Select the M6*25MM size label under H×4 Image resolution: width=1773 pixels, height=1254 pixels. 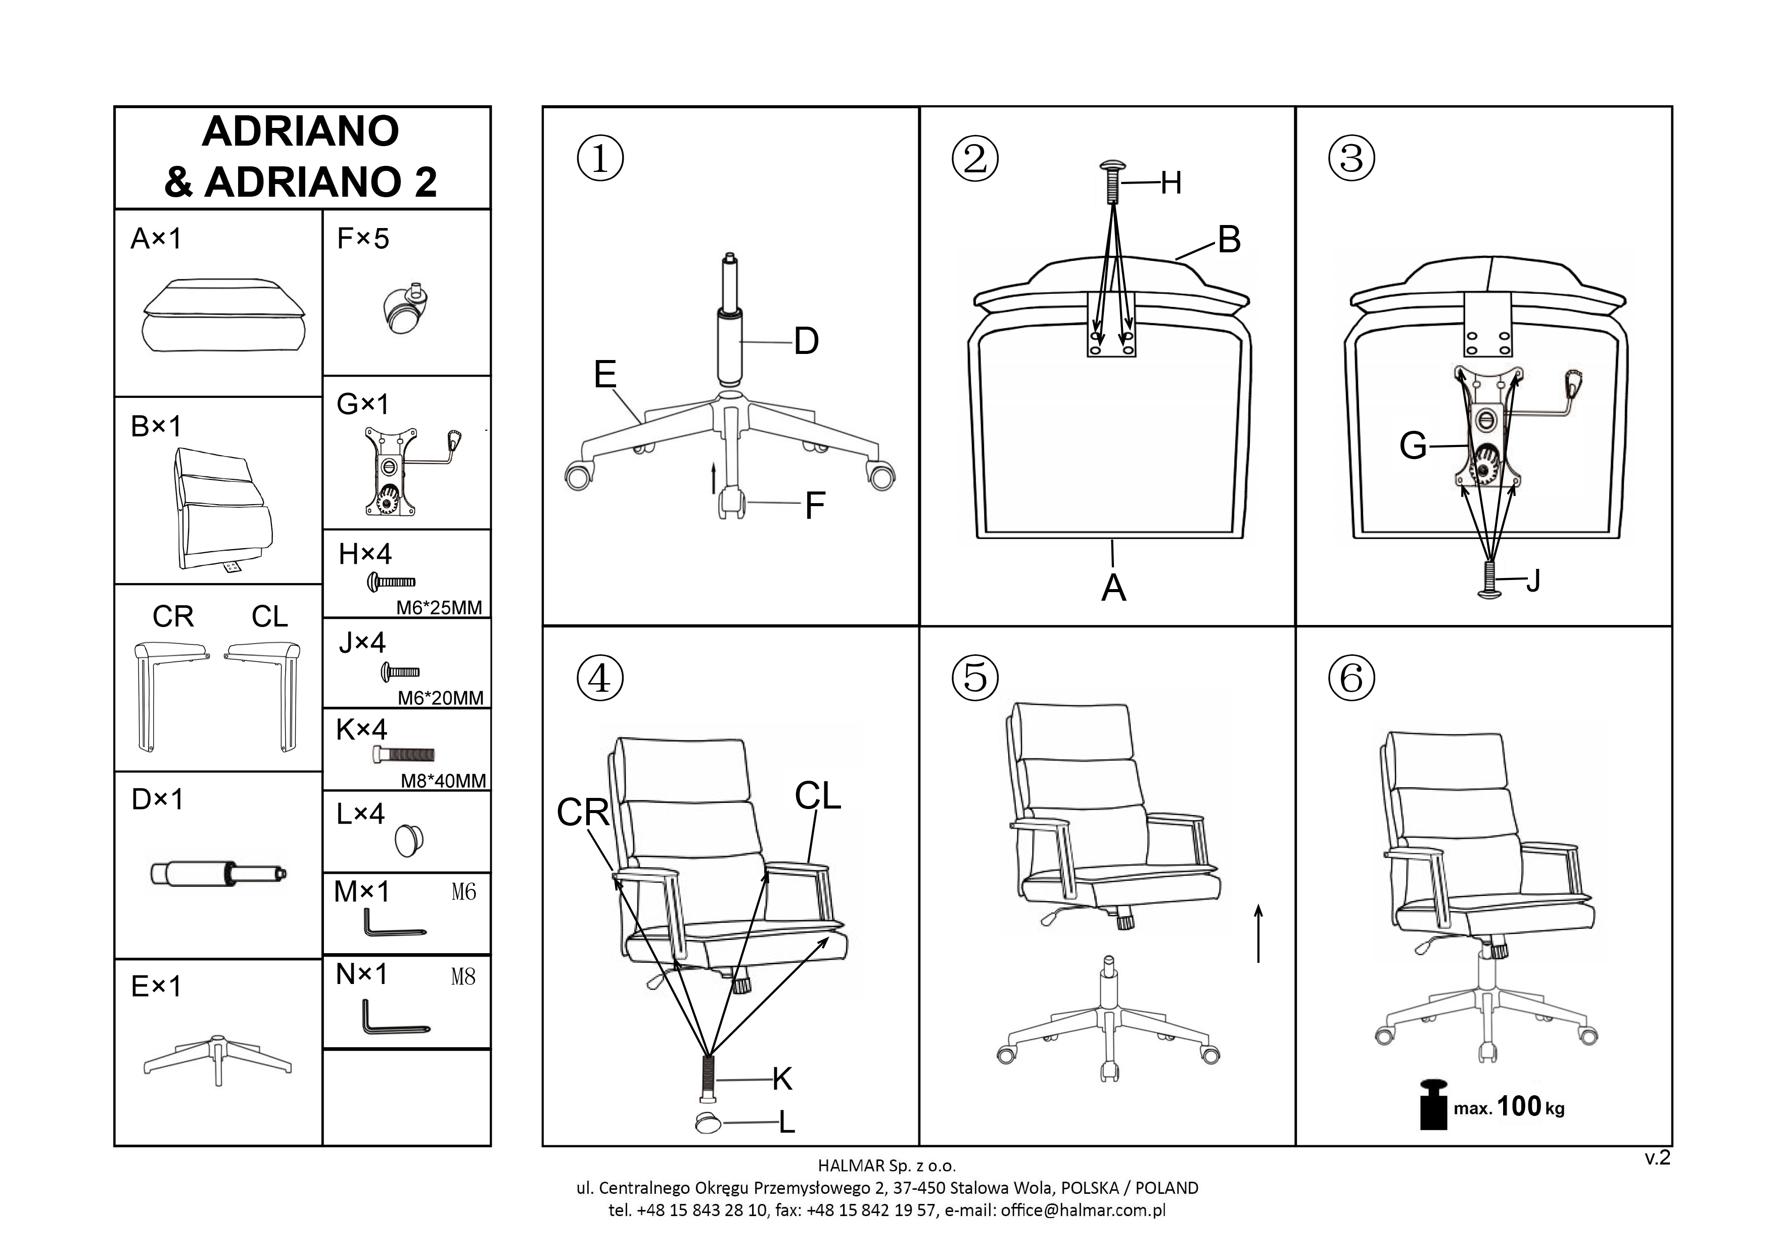click(x=439, y=608)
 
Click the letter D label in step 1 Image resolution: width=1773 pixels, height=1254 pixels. click(x=806, y=341)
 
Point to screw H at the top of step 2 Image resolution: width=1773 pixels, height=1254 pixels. click(x=1112, y=182)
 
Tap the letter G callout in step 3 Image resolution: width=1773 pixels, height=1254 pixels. click(x=1413, y=446)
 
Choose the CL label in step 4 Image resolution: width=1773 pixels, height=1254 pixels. click(x=818, y=796)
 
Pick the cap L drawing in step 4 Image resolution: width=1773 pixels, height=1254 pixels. click(x=708, y=1122)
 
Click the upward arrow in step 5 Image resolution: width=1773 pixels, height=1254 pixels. click(x=1258, y=933)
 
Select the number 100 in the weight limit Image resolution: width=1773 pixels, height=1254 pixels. click(x=1519, y=1106)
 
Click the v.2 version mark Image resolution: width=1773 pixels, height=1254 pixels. click(x=1657, y=1157)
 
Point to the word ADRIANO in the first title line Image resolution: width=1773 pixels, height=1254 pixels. click(x=300, y=131)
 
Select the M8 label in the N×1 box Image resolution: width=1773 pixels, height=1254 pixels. click(x=463, y=977)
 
